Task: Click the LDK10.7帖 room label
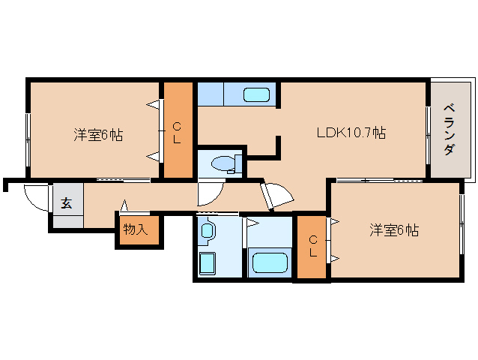tap(351, 133)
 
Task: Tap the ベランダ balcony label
tap(450, 129)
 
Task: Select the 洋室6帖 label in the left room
tap(98, 134)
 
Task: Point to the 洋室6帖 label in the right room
tap(394, 230)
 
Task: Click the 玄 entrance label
tap(67, 203)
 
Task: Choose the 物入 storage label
tap(136, 229)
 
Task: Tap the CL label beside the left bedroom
tap(177, 133)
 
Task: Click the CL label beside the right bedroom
tap(313, 246)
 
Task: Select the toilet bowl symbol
tap(226, 164)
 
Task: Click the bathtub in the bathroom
tap(270, 262)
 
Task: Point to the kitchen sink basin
tap(256, 95)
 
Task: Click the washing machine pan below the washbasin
tap(207, 263)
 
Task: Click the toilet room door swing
tap(211, 194)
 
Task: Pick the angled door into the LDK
tap(276, 196)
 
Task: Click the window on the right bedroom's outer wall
tap(462, 225)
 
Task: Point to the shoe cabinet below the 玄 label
tap(68, 221)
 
